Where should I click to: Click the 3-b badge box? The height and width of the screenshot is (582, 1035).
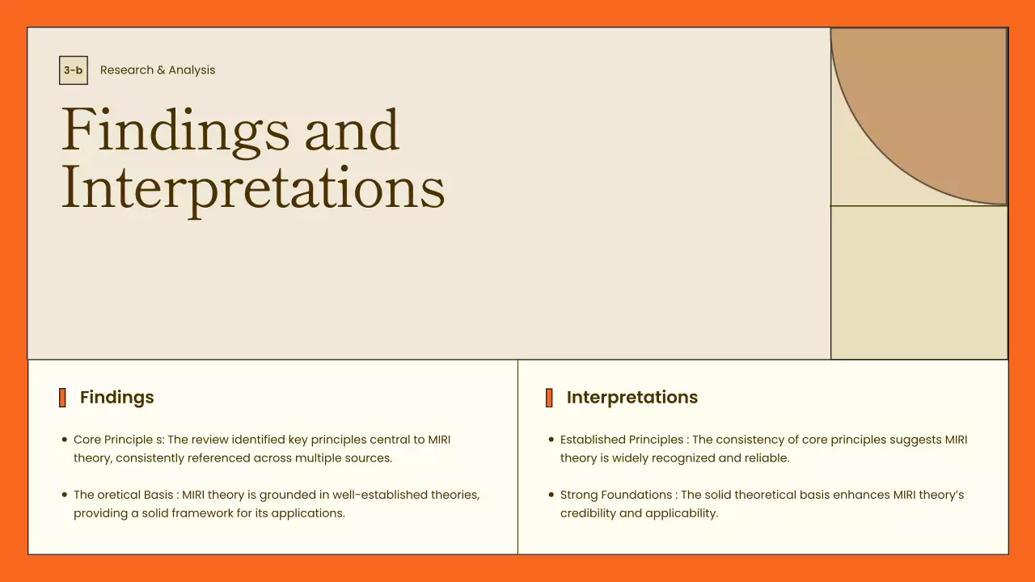(x=73, y=70)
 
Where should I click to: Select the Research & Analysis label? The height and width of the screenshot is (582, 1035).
(x=158, y=70)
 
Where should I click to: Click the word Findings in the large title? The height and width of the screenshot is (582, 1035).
(x=175, y=131)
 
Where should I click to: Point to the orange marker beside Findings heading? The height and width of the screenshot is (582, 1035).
(x=62, y=398)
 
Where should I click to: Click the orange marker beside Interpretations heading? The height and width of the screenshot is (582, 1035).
(x=549, y=398)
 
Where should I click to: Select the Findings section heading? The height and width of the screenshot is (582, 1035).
(x=116, y=398)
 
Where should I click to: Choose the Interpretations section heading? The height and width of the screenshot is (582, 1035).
(x=632, y=398)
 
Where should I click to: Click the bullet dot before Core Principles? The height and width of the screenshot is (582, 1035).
(x=64, y=441)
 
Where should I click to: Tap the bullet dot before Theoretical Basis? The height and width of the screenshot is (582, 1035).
(x=64, y=496)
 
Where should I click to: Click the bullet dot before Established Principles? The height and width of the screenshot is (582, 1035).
(x=551, y=441)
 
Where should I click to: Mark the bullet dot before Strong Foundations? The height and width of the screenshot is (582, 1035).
(x=551, y=496)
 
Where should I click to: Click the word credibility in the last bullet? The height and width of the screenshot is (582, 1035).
(x=588, y=513)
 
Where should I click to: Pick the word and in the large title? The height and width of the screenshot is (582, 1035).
(x=352, y=131)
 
